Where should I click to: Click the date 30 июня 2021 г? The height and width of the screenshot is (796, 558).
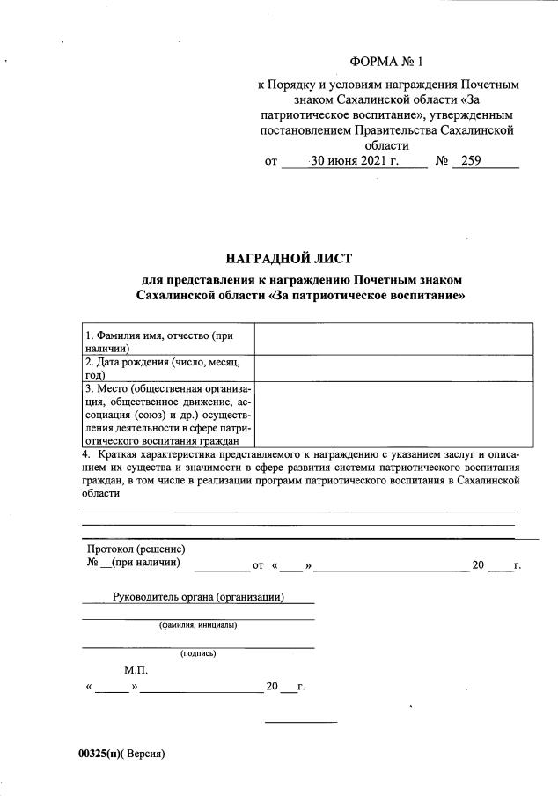(x=355, y=161)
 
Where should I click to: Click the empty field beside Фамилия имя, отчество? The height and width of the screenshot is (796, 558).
(x=393, y=338)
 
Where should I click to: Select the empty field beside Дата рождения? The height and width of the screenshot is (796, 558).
(x=393, y=367)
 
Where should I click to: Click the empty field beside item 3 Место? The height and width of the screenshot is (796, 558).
(x=393, y=414)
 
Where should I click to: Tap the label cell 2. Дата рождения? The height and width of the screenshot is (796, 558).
(x=166, y=367)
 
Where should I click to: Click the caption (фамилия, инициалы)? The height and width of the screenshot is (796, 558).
(x=198, y=625)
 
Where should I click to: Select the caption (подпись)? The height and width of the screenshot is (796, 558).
(x=198, y=653)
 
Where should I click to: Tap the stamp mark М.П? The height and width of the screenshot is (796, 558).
(x=136, y=670)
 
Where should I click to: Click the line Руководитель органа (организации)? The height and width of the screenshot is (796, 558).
(x=198, y=597)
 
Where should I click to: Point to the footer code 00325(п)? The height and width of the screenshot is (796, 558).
(x=97, y=754)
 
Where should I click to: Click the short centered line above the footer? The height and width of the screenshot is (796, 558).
(x=301, y=723)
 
